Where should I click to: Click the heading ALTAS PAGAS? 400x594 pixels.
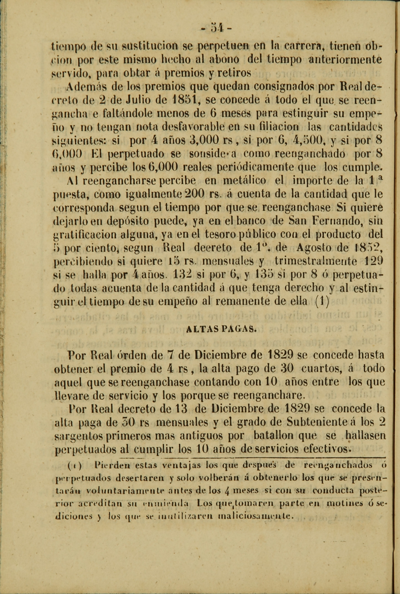click(221, 329)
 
